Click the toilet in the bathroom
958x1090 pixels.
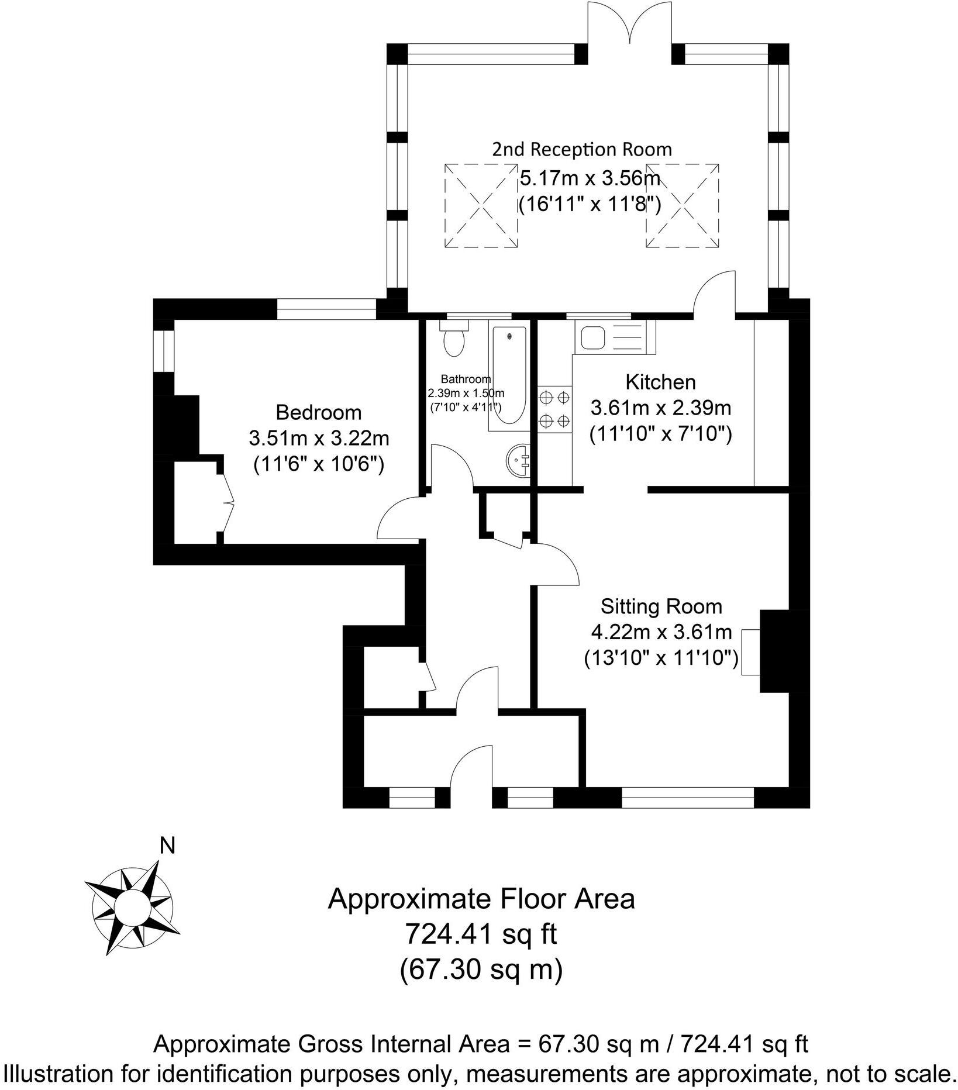click(x=453, y=340)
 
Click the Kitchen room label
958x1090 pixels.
click(x=660, y=382)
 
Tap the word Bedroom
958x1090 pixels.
click(x=319, y=413)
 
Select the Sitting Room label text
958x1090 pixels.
click(x=661, y=607)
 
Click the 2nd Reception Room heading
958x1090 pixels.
click(x=581, y=150)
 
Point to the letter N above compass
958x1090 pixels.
click(x=168, y=846)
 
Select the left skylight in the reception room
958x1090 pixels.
click(x=481, y=206)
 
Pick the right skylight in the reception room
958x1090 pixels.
click(x=682, y=206)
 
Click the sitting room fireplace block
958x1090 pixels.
click(x=775, y=651)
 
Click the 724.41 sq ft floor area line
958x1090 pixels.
click(x=481, y=934)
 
